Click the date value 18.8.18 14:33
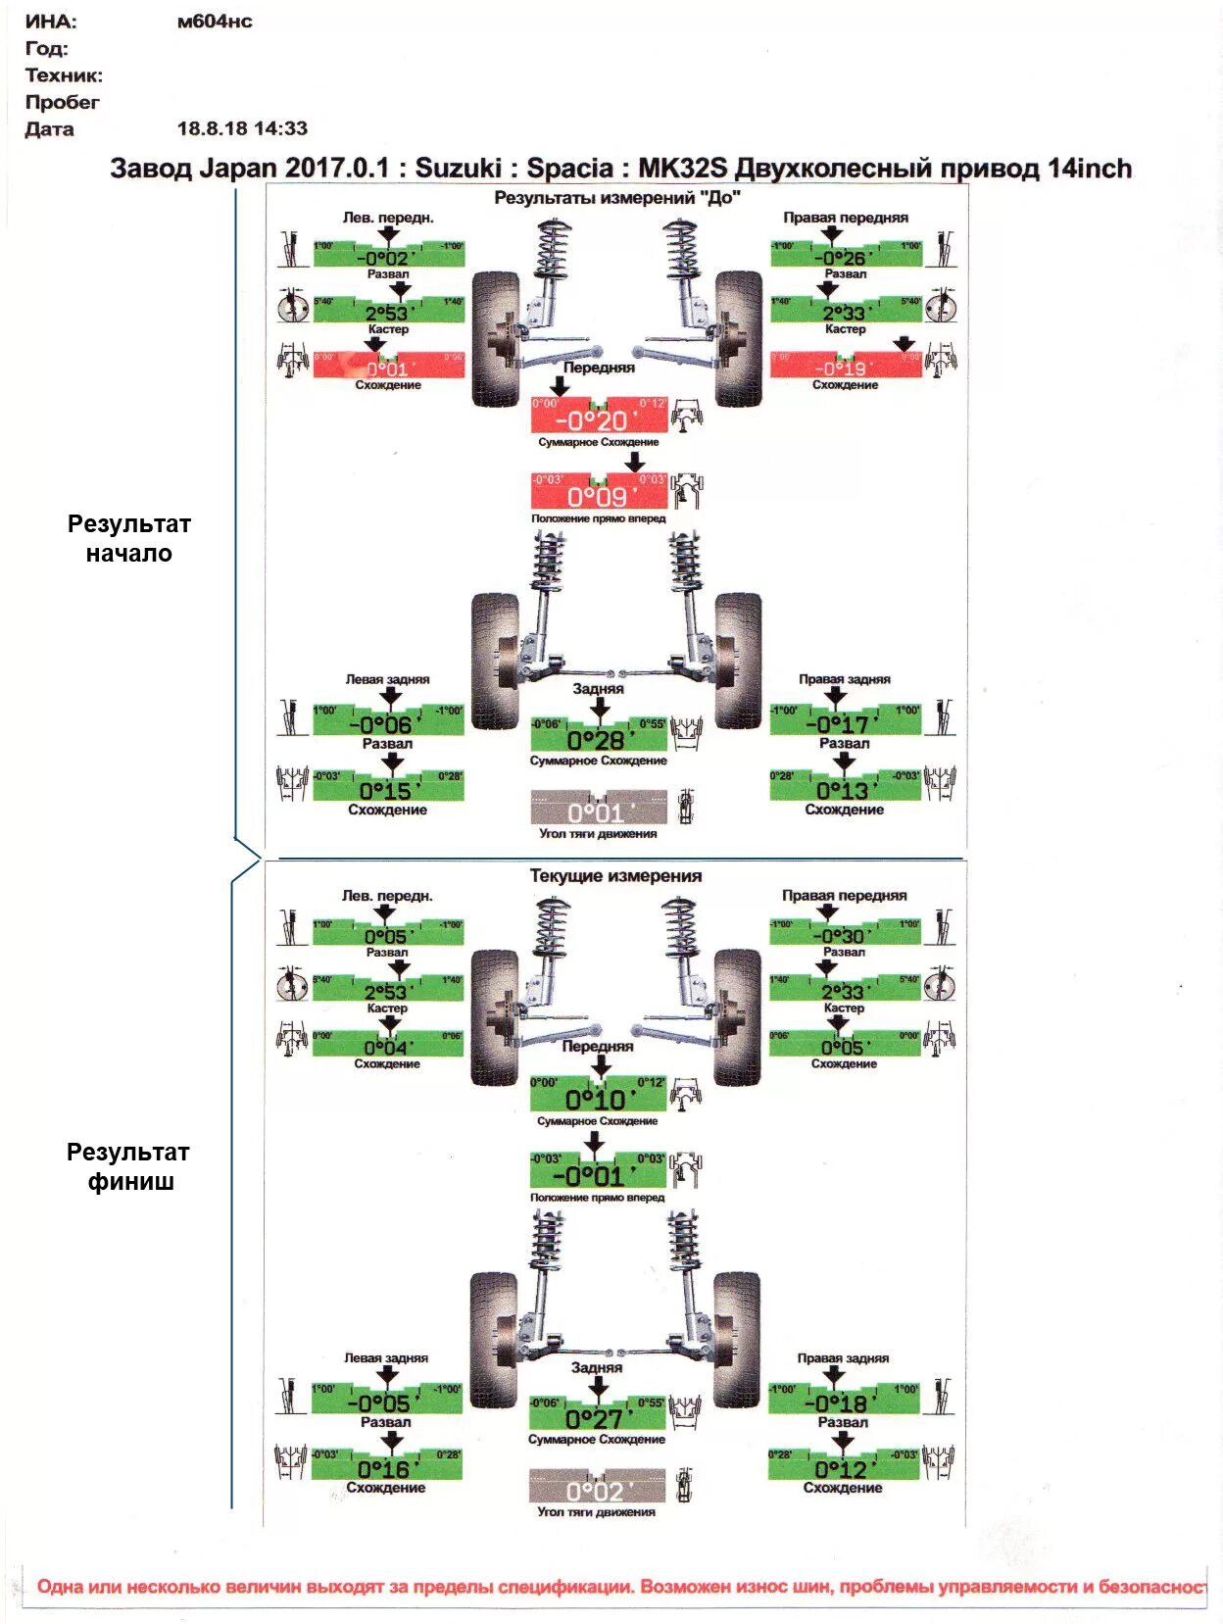(242, 128)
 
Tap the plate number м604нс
(215, 22)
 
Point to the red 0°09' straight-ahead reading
(598, 496)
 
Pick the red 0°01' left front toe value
(388, 369)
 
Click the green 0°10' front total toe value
(597, 1099)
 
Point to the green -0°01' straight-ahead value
(597, 1174)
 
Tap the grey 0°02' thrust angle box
(597, 1490)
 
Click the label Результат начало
(128, 538)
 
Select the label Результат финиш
(128, 1166)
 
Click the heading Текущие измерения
(615, 875)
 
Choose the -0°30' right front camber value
(844, 936)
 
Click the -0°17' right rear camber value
(844, 723)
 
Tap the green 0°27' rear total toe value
(596, 1417)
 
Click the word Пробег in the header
(62, 102)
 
